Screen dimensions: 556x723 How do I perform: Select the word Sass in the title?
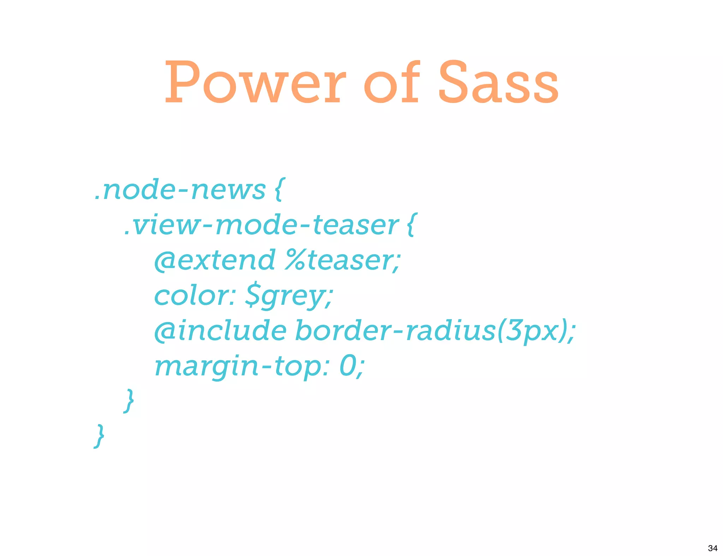[x=498, y=83]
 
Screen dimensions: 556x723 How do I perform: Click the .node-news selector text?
[x=180, y=190]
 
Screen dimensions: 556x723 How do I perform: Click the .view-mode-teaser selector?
[x=261, y=225]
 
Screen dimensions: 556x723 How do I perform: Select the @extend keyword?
[x=215, y=260]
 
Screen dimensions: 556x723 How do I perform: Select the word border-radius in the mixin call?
[x=395, y=331]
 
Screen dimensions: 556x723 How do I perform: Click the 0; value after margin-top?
[x=351, y=366]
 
